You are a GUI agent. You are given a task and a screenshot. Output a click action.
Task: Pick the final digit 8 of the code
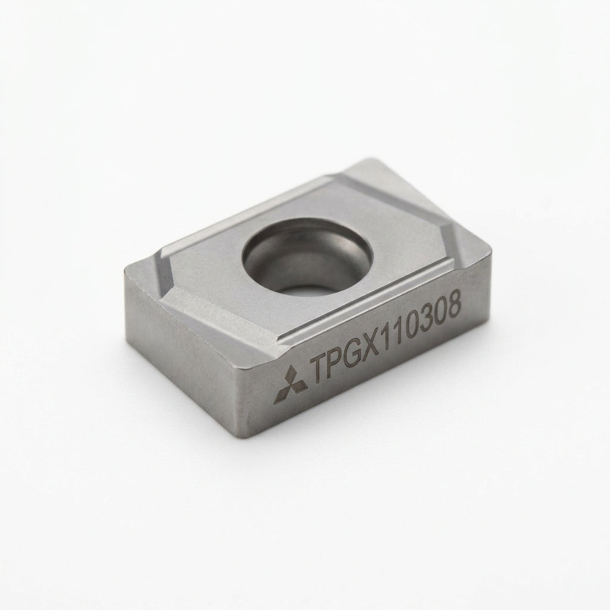pos(453,303)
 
